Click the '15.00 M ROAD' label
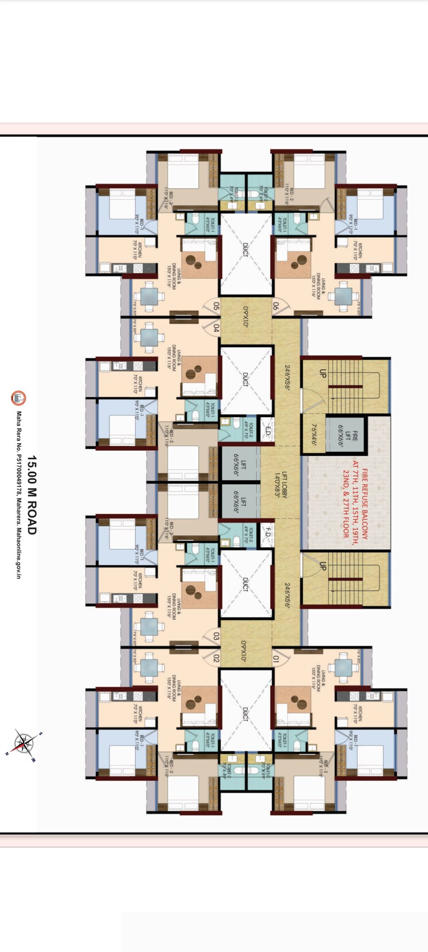point(32,495)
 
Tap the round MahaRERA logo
point(18,397)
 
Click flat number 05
point(216,306)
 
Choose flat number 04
point(216,328)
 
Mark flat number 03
point(216,636)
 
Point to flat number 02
point(216,659)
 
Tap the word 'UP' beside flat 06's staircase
point(322,373)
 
